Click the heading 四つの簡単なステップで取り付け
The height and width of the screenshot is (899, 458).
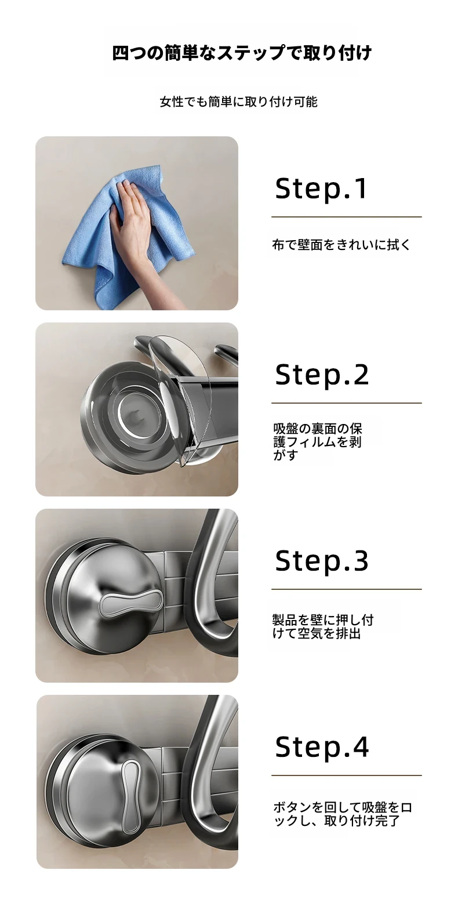pyautogui.click(x=242, y=53)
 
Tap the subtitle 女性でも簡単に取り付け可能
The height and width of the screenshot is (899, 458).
pyautogui.click(x=239, y=102)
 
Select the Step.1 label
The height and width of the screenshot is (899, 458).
pyautogui.click(x=321, y=188)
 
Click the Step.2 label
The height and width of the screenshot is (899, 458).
pyautogui.click(x=322, y=375)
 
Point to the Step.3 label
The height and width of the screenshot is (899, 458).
pyautogui.click(x=322, y=561)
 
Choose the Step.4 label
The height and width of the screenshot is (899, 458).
pyautogui.click(x=322, y=747)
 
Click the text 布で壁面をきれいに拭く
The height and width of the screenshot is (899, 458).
pyautogui.click(x=341, y=244)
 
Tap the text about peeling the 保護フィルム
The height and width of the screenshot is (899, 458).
pyautogui.click(x=318, y=441)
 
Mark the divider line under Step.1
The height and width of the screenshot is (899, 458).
pyautogui.click(x=347, y=217)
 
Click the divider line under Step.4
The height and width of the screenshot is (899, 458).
pyautogui.click(x=347, y=775)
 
